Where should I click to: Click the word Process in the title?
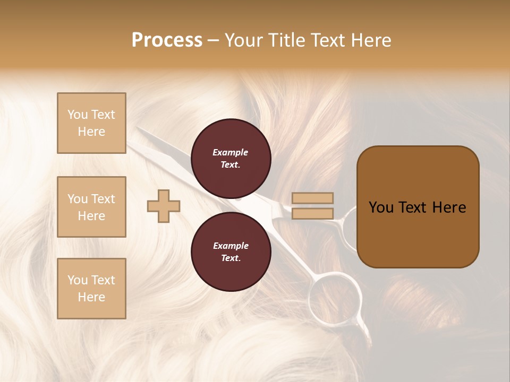[167, 40]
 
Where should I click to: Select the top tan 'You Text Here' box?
[91, 123]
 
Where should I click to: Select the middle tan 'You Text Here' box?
[91, 207]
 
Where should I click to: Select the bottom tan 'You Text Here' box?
[91, 289]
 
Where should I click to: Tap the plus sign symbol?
[164, 206]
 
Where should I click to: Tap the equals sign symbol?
[312, 206]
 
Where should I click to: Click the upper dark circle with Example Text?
[231, 159]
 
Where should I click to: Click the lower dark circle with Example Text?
[231, 252]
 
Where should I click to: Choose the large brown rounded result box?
[418, 207]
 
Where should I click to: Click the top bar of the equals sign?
[312, 198]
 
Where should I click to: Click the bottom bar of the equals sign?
[312, 213]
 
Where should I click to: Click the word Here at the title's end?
[371, 40]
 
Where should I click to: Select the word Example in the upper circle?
[231, 153]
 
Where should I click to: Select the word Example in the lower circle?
[231, 246]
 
